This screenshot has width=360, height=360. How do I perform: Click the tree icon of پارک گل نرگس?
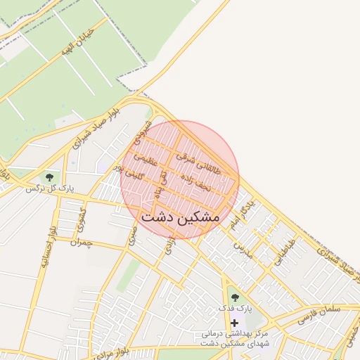pyautogui.click(x=49, y=176)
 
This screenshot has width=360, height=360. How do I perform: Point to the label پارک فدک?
pyautogui.click(x=234, y=309)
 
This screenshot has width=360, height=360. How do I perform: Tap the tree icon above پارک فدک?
pyautogui.click(x=234, y=297)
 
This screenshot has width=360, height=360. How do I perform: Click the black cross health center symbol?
pyautogui.click(x=234, y=322)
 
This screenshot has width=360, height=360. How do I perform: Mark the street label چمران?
pyautogui.click(x=82, y=242)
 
